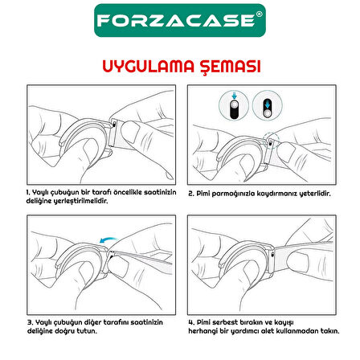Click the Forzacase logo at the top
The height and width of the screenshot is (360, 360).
[180, 20]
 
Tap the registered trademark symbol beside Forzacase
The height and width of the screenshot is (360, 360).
[259, 14]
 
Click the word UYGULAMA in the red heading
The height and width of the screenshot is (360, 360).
[148, 67]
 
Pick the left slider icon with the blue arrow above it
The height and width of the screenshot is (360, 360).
[234, 105]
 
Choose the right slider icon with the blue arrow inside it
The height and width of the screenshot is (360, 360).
[267, 105]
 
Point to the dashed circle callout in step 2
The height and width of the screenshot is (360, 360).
[271, 140]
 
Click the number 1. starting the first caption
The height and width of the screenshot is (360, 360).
[28, 193]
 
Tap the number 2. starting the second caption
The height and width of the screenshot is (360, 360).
[190, 194]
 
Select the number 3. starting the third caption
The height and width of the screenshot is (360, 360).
[31, 322]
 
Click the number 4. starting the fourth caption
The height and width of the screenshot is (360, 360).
[191, 322]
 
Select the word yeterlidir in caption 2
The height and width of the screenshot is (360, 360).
[315, 194]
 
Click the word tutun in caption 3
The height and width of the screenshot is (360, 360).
[87, 331]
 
